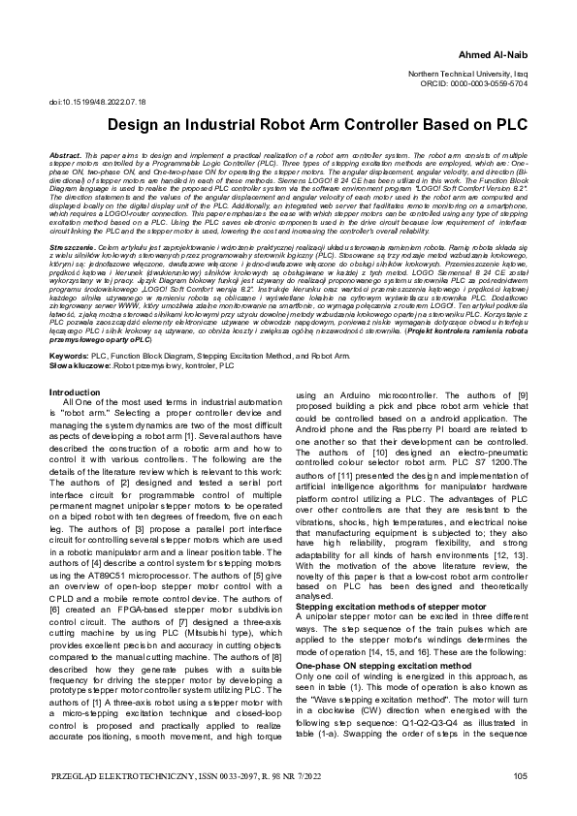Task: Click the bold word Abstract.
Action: tap(63, 155)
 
